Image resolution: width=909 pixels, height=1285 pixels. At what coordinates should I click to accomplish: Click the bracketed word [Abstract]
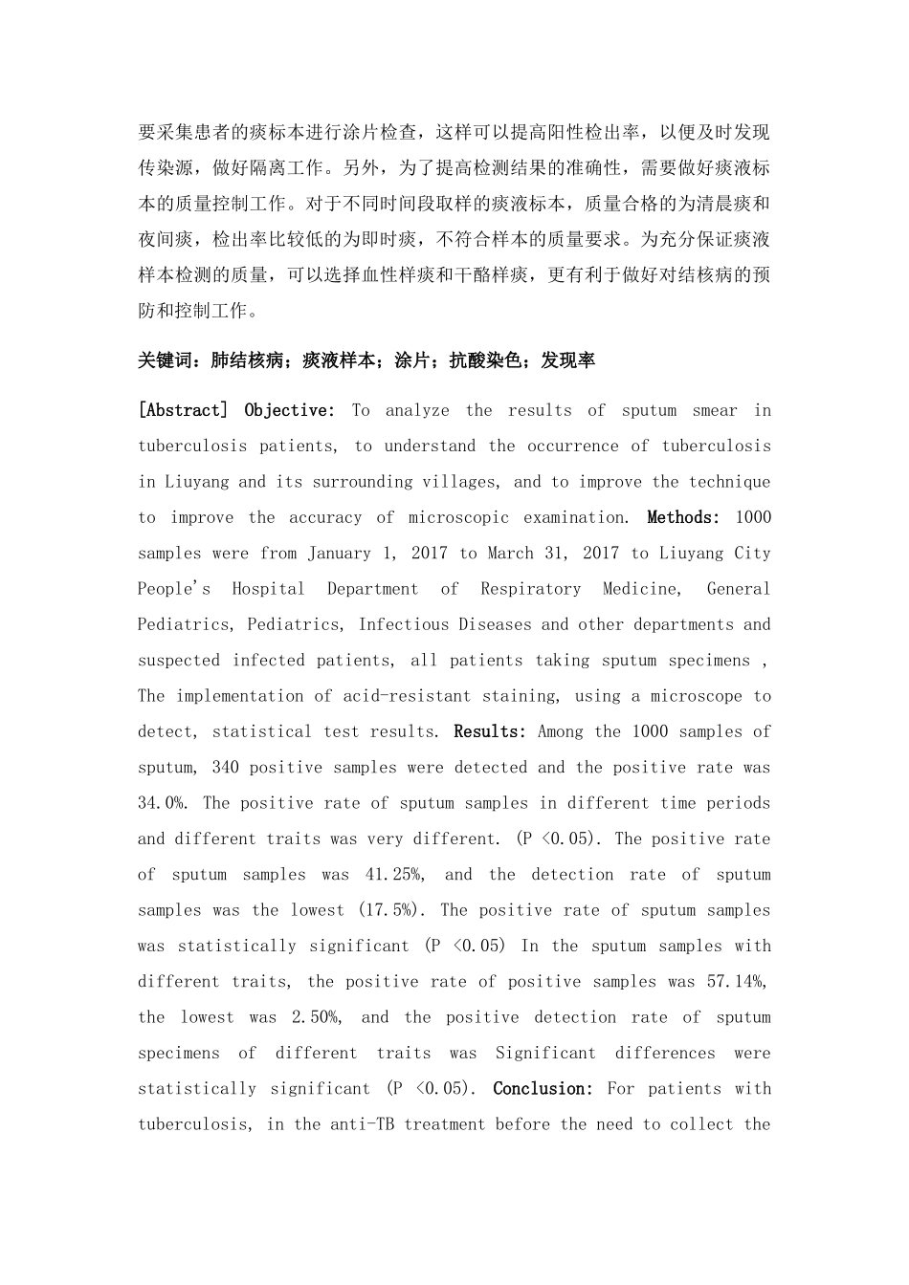pos(183,410)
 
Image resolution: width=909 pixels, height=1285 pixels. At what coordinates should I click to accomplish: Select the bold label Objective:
pos(290,410)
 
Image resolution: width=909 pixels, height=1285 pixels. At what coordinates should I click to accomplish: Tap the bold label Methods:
pos(683,517)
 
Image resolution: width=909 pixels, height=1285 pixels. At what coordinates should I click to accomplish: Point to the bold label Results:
pos(490,731)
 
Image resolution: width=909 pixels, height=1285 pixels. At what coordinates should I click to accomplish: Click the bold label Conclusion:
pos(543,1089)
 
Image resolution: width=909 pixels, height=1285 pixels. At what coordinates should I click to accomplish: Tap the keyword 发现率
pos(568,360)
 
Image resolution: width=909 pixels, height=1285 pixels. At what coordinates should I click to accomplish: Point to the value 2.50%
pos(315,1017)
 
